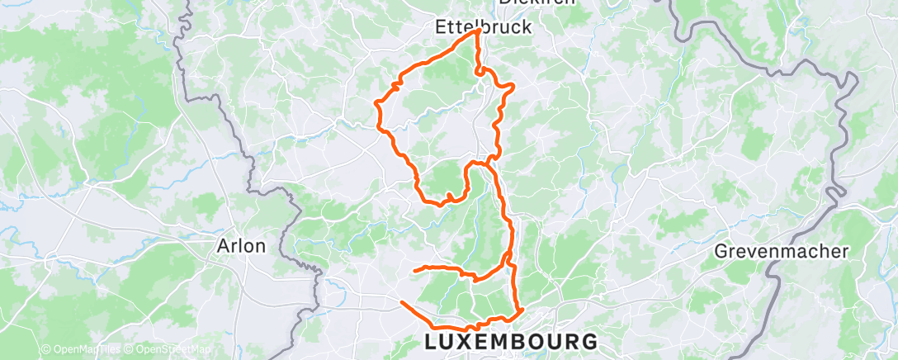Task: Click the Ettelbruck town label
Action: [483, 27]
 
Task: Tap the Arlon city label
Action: [240, 246]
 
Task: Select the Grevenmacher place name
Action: [782, 251]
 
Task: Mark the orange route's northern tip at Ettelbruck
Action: [479, 31]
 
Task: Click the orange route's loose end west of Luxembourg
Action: [402, 302]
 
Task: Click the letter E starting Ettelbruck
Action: [440, 27]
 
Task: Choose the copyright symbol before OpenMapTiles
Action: [46, 350]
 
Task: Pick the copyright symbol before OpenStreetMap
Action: [128, 350]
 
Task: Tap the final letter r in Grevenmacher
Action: [845, 251]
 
